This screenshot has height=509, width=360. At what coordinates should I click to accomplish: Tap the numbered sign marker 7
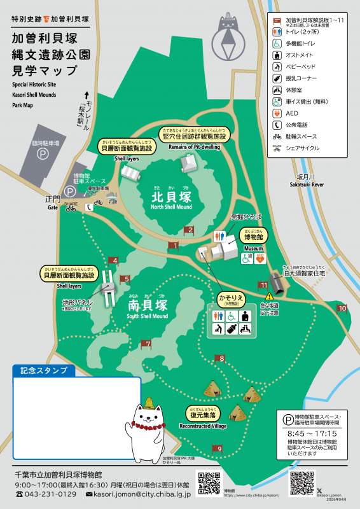pyautogui.click(x=146, y=344)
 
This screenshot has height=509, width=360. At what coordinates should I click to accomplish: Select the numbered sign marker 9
pyautogui.click(x=218, y=449)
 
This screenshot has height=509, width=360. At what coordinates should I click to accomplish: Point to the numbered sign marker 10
pyautogui.click(x=342, y=309)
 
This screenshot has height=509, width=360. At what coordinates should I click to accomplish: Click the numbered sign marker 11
pyautogui.click(x=262, y=284)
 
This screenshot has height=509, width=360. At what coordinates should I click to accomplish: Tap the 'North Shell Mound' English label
pyautogui.click(x=171, y=207)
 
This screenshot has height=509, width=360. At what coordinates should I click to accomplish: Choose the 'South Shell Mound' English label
pyautogui.click(x=148, y=316)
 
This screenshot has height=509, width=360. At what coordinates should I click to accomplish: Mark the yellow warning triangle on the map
pyautogui.click(x=269, y=296)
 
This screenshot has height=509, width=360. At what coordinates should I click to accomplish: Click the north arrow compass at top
pyautogui.click(x=226, y=38)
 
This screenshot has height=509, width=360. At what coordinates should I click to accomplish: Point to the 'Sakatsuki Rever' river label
pyautogui.click(x=310, y=183)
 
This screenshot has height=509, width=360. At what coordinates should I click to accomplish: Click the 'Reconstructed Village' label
pyautogui.click(x=203, y=426)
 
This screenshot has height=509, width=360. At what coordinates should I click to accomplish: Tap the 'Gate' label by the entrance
pyautogui.click(x=52, y=207)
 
